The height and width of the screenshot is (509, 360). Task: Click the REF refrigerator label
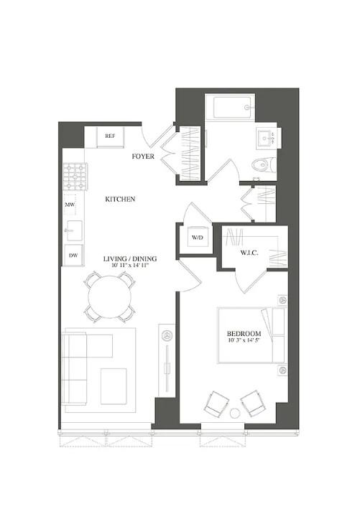[x=110, y=136]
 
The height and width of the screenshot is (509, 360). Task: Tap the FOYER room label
[x=143, y=157]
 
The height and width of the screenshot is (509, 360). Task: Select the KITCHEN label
[x=120, y=199]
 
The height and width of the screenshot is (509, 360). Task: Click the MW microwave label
[x=70, y=205]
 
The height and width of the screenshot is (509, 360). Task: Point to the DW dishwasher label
[x=73, y=255]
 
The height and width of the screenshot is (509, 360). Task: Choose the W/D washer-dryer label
[x=197, y=238]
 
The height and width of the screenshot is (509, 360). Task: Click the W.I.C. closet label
[x=249, y=253]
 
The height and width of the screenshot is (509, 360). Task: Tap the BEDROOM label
[x=244, y=333]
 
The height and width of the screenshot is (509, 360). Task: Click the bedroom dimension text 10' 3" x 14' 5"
[x=244, y=340]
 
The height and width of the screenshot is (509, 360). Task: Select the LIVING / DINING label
[x=130, y=258]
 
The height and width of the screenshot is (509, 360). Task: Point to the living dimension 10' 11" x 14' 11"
[x=130, y=266]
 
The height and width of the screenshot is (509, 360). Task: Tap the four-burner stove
[x=75, y=177]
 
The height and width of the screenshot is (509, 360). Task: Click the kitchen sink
[x=74, y=230]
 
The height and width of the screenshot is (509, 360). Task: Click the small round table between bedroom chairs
[x=234, y=414]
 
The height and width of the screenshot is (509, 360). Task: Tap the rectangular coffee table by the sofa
[x=114, y=386]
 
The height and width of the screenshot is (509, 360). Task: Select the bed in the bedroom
[x=251, y=335]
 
